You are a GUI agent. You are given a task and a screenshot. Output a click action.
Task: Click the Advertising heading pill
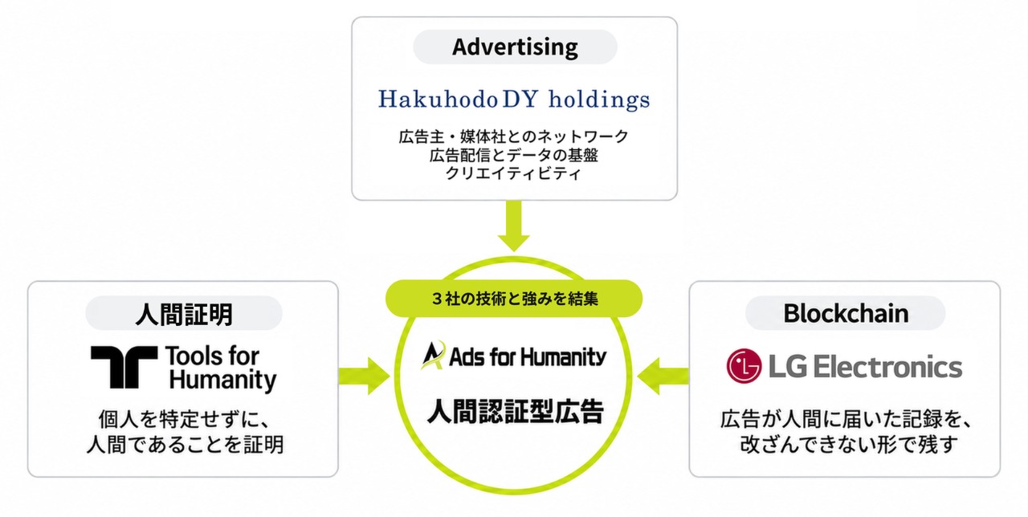tap(515, 47)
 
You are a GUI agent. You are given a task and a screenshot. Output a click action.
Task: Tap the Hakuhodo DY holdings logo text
tap(514, 100)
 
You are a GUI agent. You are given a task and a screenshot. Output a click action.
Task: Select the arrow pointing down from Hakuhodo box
tap(513, 226)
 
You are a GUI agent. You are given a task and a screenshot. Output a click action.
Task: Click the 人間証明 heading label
tap(184, 314)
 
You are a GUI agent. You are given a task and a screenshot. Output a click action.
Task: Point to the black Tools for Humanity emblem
tap(124, 367)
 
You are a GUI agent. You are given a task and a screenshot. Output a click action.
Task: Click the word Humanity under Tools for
tap(222, 381)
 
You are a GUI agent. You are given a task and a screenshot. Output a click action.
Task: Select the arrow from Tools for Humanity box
tap(365, 377)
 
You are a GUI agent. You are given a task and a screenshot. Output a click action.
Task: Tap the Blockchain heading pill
tap(846, 313)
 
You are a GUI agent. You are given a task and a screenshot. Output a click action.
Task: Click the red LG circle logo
tap(744, 366)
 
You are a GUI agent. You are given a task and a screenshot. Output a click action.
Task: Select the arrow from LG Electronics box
tap(663, 377)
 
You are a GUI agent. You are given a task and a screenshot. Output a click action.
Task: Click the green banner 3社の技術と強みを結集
tap(514, 299)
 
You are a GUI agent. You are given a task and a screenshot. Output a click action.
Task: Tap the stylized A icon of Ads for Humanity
tap(433, 355)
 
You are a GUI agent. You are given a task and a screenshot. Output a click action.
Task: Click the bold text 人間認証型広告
tap(515, 411)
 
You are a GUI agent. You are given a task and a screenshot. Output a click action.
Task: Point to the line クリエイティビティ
tap(513, 173)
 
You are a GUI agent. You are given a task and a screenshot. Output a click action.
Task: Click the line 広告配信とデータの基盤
tap(513, 155)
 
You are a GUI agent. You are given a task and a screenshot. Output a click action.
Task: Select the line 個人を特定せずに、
tap(185, 419)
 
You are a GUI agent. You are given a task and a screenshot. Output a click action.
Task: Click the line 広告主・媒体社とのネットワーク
tap(513, 136)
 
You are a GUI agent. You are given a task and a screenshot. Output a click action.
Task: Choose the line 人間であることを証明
tap(185, 444)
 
